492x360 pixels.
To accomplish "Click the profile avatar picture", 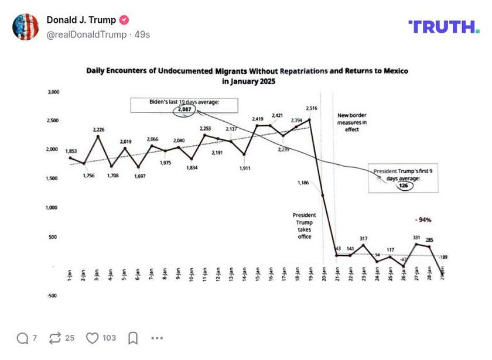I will click(x=25, y=26).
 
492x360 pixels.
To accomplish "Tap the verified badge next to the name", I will click(x=124, y=20).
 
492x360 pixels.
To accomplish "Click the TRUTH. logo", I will click(x=443, y=26).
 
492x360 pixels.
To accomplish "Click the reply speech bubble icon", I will click(x=23, y=338).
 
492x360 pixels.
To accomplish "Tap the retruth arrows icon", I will click(x=55, y=338).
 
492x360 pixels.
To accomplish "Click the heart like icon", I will click(x=93, y=338).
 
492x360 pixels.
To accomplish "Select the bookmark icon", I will click(x=133, y=338).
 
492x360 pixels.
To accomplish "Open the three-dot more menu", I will click(x=157, y=338).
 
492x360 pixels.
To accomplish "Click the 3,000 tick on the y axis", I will click(x=53, y=92).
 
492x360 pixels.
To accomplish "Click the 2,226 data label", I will click(x=99, y=129).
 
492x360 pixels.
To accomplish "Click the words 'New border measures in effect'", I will click(x=352, y=122).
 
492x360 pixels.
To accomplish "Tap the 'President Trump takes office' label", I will click(x=303, y=226).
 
